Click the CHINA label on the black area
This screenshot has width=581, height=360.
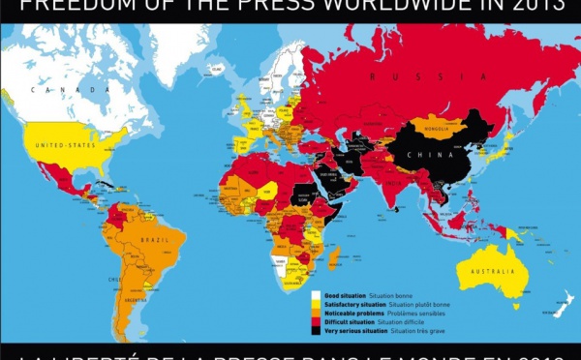point(424,155)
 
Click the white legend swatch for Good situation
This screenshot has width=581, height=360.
point(317,294)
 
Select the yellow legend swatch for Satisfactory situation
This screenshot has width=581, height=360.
point(317,305)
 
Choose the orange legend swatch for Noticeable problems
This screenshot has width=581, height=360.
point(317,315)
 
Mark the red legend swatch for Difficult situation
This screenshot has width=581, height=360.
point(317,324)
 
